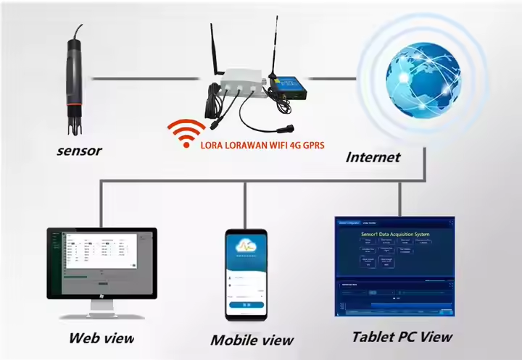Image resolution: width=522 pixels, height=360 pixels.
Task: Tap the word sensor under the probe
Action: tap(79, 151)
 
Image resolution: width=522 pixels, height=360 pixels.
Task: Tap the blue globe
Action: tap(423, 79)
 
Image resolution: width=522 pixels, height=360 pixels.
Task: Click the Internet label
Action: tap(373, 157)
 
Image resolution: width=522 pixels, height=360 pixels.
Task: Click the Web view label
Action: tap(101, 338)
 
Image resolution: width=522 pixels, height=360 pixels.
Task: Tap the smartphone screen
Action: tap(246, 276)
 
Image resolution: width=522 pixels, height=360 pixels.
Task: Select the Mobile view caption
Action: tap(252, 340)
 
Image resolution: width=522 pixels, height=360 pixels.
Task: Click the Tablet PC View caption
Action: tap(402, 336)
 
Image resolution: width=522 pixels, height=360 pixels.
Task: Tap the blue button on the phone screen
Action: tap(246, 306)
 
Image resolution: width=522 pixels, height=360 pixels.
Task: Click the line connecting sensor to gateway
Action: tap(145, 78)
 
